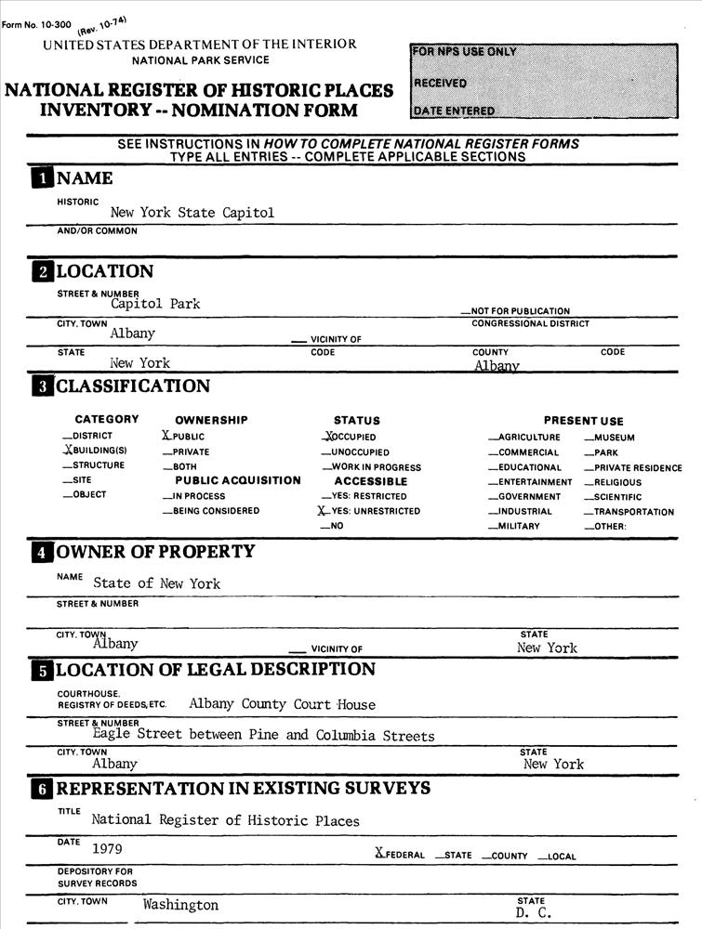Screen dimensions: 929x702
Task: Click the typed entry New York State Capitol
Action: [x=192, y=213]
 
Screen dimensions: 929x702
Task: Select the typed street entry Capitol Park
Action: [x=155, y=304]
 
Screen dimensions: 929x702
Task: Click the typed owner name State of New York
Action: [x=156, y=583]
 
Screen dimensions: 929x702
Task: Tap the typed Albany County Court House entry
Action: [x=282, y=704]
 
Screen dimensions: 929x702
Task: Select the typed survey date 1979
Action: [x=107, y=848]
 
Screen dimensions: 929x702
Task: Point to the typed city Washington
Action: [x=180, y=905]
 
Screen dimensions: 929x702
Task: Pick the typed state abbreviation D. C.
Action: [x=535, y=914]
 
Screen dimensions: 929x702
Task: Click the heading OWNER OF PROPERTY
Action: [x=155, y=552]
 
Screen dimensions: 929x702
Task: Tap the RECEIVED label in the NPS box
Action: [x=440, y=83]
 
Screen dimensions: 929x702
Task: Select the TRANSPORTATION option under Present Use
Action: [x=634, y=512]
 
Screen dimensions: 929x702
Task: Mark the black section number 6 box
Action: [x=42, y=790]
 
